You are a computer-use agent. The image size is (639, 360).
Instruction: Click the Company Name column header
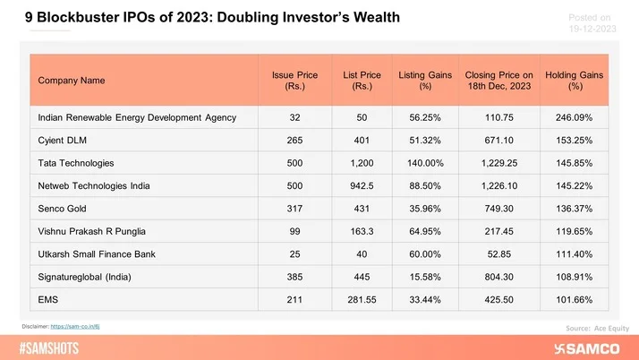pyautogui.click(x=72, y=81)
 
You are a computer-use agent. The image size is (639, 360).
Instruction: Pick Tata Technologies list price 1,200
pyautogui.click(x=358, y=164)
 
